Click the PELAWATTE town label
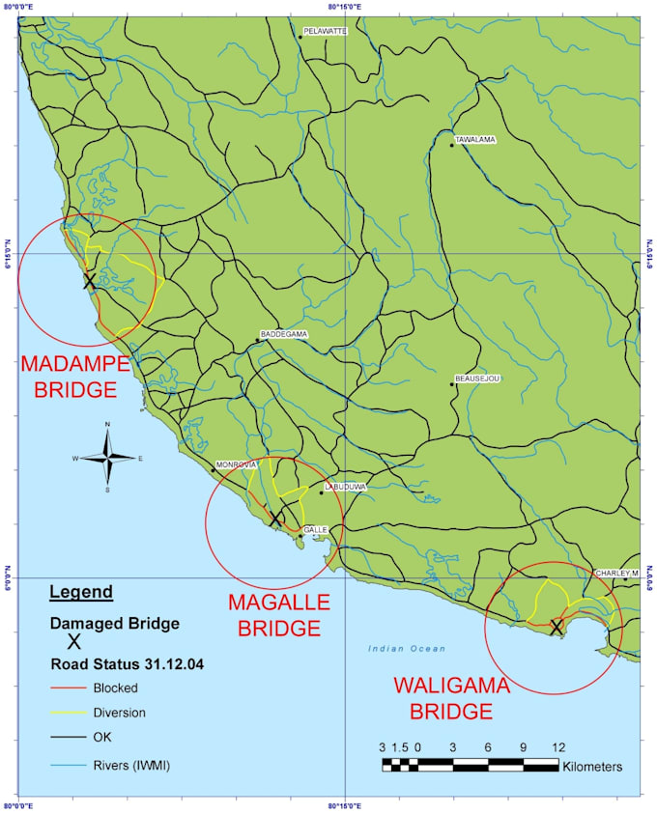[x=326, y=31]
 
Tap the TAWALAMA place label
[x=474, y=140]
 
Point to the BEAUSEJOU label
[x=476, y=379]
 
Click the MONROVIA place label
[x=238, y=464]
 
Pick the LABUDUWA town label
[x=346, y=488]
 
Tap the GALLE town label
[x=316, y=530]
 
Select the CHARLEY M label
[x=616, y=573]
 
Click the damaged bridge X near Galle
[x=275, y=519]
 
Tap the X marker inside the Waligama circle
[x=557, y=627]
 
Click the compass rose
[x=107, y=459]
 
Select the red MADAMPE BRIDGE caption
[x=74, y=378]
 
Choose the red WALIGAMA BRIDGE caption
[x=450, y=699]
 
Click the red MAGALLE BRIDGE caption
[x=278, y=615]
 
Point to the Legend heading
[x=81, y=592]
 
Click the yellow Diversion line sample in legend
[x=69, y=714]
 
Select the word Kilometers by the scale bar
[x=591, y=767]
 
